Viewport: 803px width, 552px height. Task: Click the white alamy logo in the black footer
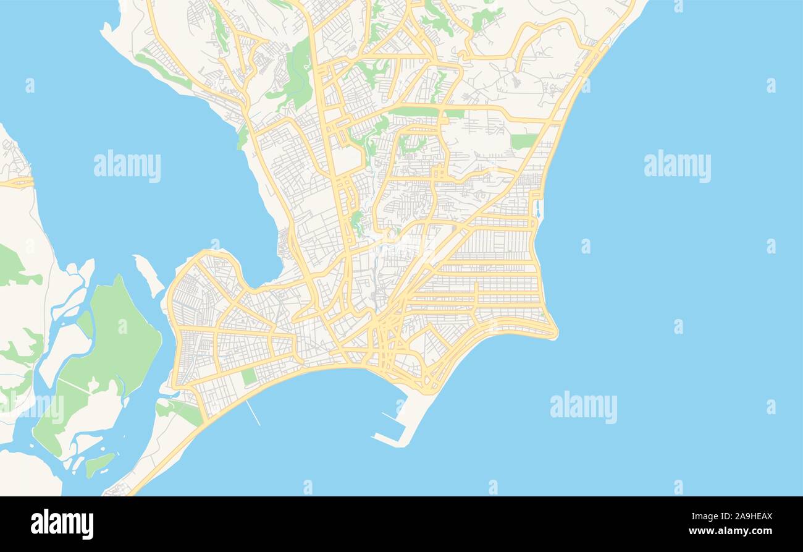62,524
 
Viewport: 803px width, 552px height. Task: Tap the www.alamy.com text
731,531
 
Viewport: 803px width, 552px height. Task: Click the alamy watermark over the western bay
127,166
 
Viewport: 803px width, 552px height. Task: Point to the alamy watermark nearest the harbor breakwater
583,407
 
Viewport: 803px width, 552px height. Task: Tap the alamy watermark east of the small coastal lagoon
677,166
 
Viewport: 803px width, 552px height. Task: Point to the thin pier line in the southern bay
253,412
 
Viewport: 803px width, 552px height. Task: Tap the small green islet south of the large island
98,464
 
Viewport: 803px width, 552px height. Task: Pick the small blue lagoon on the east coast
537,209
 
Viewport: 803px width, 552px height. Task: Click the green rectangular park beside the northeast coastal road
523,141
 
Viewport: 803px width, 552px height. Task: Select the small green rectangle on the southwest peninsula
249,376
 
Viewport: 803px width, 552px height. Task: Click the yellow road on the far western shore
17,182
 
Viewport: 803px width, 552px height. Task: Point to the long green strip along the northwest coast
163,71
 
